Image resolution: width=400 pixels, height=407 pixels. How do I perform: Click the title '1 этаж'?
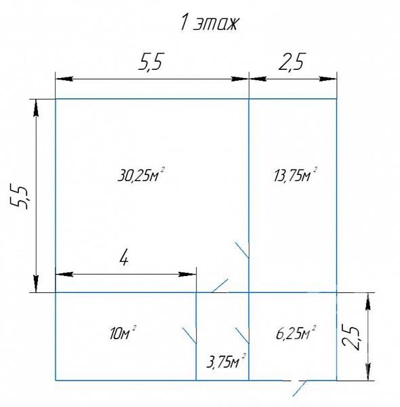pos(209,23)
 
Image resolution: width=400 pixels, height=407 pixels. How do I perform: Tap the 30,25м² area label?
pos(142,175)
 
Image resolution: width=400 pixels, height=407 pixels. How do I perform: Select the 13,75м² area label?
pos(296,175)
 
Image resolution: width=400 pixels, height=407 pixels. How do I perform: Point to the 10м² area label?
pos(123,333)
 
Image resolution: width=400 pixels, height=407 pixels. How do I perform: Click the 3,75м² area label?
pos(226,361)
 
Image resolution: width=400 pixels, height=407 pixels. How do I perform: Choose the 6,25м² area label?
pos(296,333)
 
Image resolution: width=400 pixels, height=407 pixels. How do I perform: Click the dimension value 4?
pos(124,258)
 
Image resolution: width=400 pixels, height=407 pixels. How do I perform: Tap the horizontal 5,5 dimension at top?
pos(151,62)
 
